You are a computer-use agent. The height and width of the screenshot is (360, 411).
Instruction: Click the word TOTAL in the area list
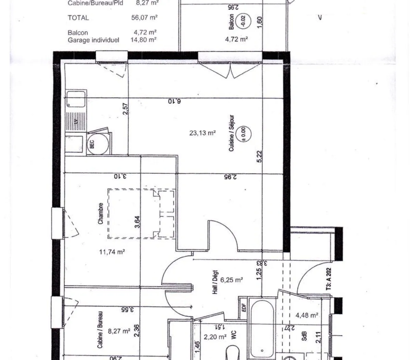(78, 18)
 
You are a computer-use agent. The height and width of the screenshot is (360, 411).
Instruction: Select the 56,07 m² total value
(144, 17)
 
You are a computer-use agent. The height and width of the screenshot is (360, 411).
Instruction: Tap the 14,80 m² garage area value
(144, 40)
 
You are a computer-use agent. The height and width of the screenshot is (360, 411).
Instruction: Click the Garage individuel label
(94, 40)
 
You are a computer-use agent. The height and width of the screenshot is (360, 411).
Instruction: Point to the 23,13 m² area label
(202, 133)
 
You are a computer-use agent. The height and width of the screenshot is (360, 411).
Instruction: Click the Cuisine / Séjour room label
(232, 133)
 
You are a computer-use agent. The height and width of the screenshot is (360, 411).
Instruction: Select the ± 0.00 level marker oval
(244, 133)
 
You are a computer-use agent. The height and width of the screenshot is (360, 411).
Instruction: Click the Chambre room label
(101, 214)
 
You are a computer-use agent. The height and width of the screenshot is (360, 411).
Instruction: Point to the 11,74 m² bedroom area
(112, 252)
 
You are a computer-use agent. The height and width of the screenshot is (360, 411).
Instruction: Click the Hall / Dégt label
(215, 286)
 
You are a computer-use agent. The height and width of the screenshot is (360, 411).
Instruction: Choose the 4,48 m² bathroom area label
(307, 315)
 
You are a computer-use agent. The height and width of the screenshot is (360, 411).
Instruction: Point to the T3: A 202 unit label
(329, 279)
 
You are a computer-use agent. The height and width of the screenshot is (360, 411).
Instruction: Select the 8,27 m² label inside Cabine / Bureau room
(119, 331)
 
